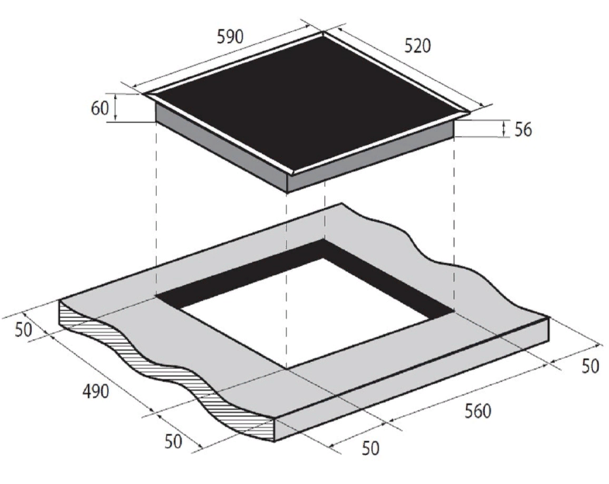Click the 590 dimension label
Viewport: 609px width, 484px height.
click(x=230, y=36)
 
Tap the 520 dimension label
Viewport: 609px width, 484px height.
click(x=417, y=46)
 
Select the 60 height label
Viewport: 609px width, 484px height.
click(x=100, y=107)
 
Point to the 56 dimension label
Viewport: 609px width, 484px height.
click(x=523, y=129)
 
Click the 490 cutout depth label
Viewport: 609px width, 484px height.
click(x=96, y=391)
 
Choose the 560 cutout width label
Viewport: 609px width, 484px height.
click(x=478, y=411)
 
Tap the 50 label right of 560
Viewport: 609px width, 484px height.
click(x=590, y=366)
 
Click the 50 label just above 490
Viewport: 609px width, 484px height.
click(x=24, y=330)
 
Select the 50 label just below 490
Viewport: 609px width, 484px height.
click(x=174, y=441)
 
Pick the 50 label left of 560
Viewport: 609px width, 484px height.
click(x=370, y=448)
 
